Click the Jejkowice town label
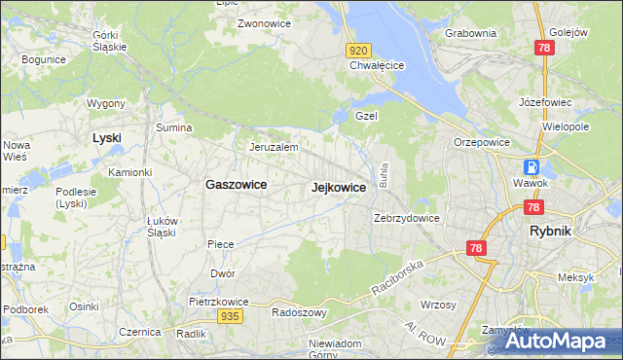[x=338, y=188]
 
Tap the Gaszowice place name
[x=236, y=184]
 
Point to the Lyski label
[x=106, y=138]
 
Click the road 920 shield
[x=357, y=50]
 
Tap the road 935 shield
[x=230, y=316]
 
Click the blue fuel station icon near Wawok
[x=531, y=166]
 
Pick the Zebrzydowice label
[x=407, y=218]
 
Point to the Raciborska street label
[x=399, y=278]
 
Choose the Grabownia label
[x=470, y=32]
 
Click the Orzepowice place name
[x=476, y=141]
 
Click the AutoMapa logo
[x=555, y=342]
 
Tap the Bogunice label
[x=42, y=59]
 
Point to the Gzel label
[x=366, y=115]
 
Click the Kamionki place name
[x=129, y=172]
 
